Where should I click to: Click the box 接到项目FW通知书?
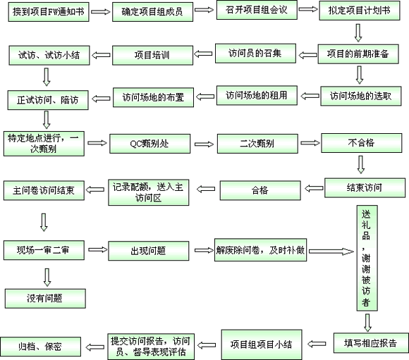click(49, 12)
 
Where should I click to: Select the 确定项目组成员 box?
click(152, 12)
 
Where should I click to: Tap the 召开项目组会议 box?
click(257, 10)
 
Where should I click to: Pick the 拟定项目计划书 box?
click(360, 11)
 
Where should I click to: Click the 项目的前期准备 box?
click(358, 54)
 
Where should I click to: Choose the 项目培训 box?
click(152, 55)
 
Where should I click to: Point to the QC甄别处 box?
click(150, 144)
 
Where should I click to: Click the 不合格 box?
click(362, 143)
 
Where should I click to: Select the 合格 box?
click(260, 190)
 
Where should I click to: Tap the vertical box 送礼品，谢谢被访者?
click(367, 258)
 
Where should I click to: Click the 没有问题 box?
click(45, 299)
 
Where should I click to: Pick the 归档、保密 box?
click(40, 347)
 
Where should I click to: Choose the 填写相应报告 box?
click(371, 343)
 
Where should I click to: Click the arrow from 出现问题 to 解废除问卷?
click(204, 250)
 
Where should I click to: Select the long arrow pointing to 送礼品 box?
click(331, 252)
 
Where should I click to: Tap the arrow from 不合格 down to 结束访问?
click(361, 165)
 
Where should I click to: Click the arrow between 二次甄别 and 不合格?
click(310, 143)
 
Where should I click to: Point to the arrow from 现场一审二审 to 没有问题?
click(47, 278)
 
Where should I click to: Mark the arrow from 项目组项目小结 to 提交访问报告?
click(207, 345)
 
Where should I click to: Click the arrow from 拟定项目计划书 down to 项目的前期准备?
click(358, 33)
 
